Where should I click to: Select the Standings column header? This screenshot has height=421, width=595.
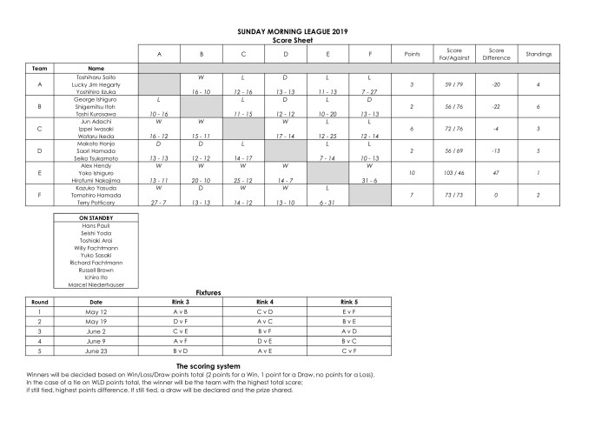coord(539,54)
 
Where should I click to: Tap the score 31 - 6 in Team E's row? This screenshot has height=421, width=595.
coord(371,179)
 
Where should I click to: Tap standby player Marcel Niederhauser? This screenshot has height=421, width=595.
coord(96,283)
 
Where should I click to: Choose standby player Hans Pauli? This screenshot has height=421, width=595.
coord(96,224)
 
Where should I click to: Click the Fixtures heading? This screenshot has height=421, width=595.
coord(208,293)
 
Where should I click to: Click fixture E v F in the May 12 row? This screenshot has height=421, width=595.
coord(348,311)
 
